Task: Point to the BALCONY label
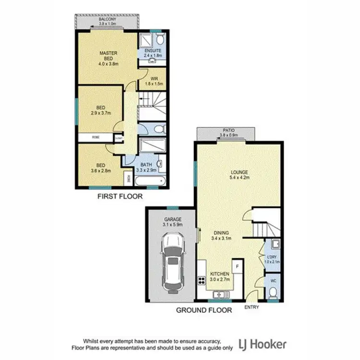click(x=107, y=19)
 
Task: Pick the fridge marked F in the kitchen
click(x=237, y=265)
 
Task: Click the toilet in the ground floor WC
click(x=272, y=292)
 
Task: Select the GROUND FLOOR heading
click(x=204, y=311)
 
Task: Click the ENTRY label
click(x=251, y=307)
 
